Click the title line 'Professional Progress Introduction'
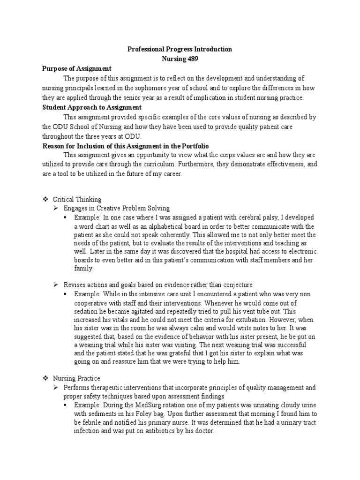[180, 49]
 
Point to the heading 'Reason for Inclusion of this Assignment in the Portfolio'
[122, 146]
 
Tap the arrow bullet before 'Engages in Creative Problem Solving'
[55, 208]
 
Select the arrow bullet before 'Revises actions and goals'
[55, 285]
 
